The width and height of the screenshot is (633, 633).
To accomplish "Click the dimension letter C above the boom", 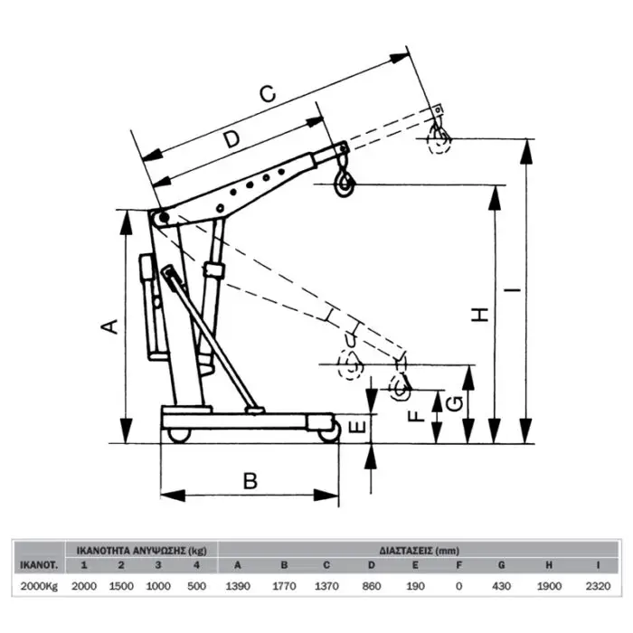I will [266, 93].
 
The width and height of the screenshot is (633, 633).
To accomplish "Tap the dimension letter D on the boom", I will [232, 139].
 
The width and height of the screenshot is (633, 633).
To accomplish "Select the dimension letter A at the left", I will [109, 326].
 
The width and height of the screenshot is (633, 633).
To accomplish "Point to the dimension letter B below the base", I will [251, 481].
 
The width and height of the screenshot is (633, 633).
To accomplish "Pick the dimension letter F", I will [415, 416].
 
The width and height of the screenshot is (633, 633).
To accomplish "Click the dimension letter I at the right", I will [513, 290].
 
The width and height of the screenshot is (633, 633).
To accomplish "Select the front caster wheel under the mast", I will [178, 435].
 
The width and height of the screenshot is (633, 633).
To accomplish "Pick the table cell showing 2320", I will [598, 586].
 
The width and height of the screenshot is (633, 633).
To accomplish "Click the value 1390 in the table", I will [237, 586].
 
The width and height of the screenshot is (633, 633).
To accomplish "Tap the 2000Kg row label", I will [38, 586].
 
